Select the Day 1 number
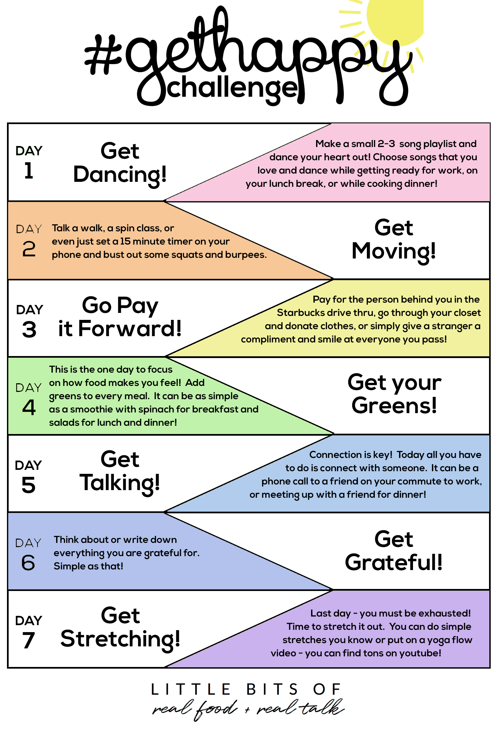click(x=29, y=171)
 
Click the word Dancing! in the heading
click(x=120, y=175)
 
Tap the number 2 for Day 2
click(x=29, y=249)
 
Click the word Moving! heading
click(x=393, y=252)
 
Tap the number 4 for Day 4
click(x=29, y=407)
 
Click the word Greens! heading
click(x=394, y=405)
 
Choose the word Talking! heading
click(x=120, y=483)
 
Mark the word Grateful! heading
click(x=394, y=562)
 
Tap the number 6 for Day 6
click(x=28, y=562)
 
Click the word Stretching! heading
click(x=120, y=639)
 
